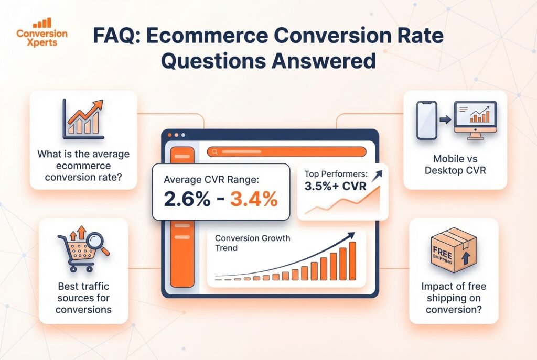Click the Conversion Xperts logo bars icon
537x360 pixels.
(41, 23)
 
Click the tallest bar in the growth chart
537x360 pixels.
(352, 260)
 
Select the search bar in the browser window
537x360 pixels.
(286, 152)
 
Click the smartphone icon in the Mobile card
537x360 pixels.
(426, 120)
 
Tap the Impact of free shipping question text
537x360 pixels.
(454, 298)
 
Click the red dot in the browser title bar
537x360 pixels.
(169, 135)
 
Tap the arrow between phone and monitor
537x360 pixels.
(445, 120)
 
